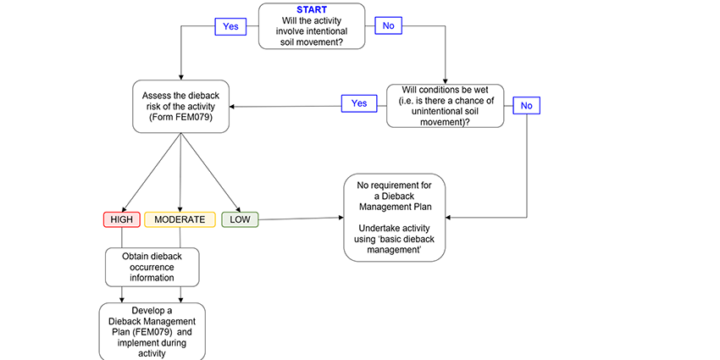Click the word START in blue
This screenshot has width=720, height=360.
(x=312, y=10)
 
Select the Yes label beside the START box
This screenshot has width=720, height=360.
(x=230, y=26)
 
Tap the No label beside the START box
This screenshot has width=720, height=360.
(x=388, y=26)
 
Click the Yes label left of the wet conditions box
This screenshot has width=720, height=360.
(x=358, y=103)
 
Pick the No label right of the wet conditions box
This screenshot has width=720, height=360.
(x=526, y=105)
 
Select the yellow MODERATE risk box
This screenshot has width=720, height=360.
(x=180, y=219)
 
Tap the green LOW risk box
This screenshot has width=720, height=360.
(x=240, y=219)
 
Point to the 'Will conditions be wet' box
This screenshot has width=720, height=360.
(x=444, y=105)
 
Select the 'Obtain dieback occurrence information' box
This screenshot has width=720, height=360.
(x=152, y=266)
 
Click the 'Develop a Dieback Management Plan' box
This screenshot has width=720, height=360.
(x=152, y=331)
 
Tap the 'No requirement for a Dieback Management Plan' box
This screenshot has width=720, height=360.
(x=394, y=217)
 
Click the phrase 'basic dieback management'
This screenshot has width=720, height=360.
(x=395, y=246)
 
